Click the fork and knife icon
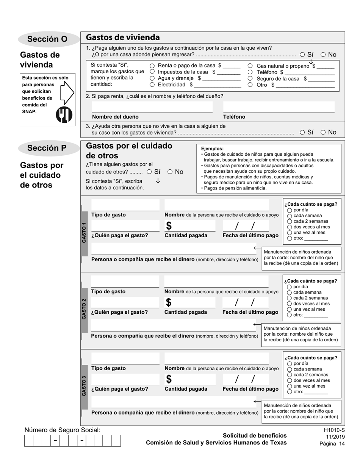pos(64,115)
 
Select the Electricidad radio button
pos(152,85)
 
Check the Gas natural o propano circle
pos(250,66)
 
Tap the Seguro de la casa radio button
pos(250,79)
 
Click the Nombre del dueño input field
pos(152,107)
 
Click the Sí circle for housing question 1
pos(302,55)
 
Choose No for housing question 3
pos(323,132)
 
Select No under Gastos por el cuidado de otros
pos(170,172)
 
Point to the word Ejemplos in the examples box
pos(212,149)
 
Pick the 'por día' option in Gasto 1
pos(290,210)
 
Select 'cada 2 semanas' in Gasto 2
pos(290,298)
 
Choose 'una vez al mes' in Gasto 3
pos(290,386)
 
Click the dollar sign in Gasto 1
pos(169,226)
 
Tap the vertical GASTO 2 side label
pos(84,308)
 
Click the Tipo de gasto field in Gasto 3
pos(125,359)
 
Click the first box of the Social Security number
pos(28,441)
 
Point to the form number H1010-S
pos(334,430)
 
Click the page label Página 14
pos(332,444)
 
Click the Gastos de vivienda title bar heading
pos(123,37)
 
